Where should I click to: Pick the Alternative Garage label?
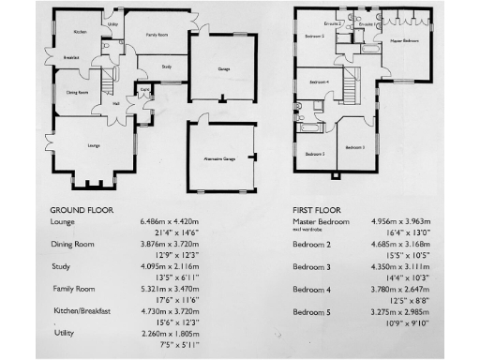click(221, 161)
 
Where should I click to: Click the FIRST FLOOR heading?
click(316, 209)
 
